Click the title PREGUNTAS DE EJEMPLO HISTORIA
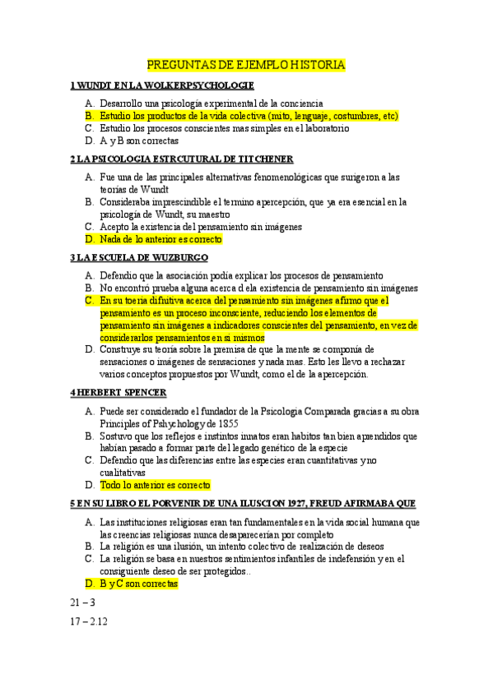[x=246, y=64]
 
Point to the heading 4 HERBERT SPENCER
[x=119, y=392]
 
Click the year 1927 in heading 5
[x=299, y=503]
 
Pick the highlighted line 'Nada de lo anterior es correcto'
[x=160, y=239]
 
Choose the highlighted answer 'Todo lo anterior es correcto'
[x=155, y=485]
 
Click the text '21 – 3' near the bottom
[x=83, y=602]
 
